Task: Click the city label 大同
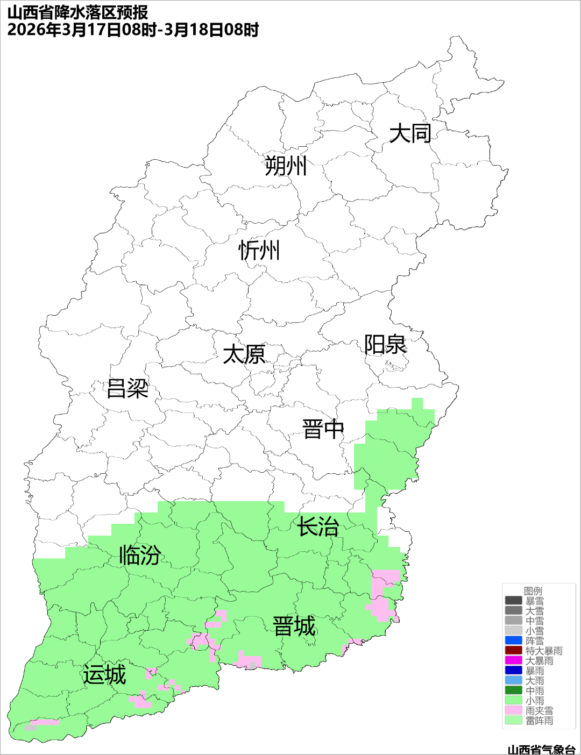point(410,133)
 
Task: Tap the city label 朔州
point(285,166)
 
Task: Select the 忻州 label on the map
point(259,251)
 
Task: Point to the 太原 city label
point(244,355)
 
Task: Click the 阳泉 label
point(385,345)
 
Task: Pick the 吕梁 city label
point(127,388)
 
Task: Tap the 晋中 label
point(323,430)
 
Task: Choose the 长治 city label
point(318,526)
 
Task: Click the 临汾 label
point(140,555)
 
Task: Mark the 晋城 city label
point(294,626)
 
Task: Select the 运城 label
point(104,675)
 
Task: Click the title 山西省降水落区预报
point(78,12)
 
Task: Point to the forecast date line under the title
point(133,30)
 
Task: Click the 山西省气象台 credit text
point(541,749)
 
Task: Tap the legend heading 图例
point(533,591)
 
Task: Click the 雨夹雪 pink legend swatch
point(514,710)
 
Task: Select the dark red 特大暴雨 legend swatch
point(514,651)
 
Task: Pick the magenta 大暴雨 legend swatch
point(514,660)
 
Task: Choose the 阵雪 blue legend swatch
point(514,640)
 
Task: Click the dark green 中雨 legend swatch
point(514,690)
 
